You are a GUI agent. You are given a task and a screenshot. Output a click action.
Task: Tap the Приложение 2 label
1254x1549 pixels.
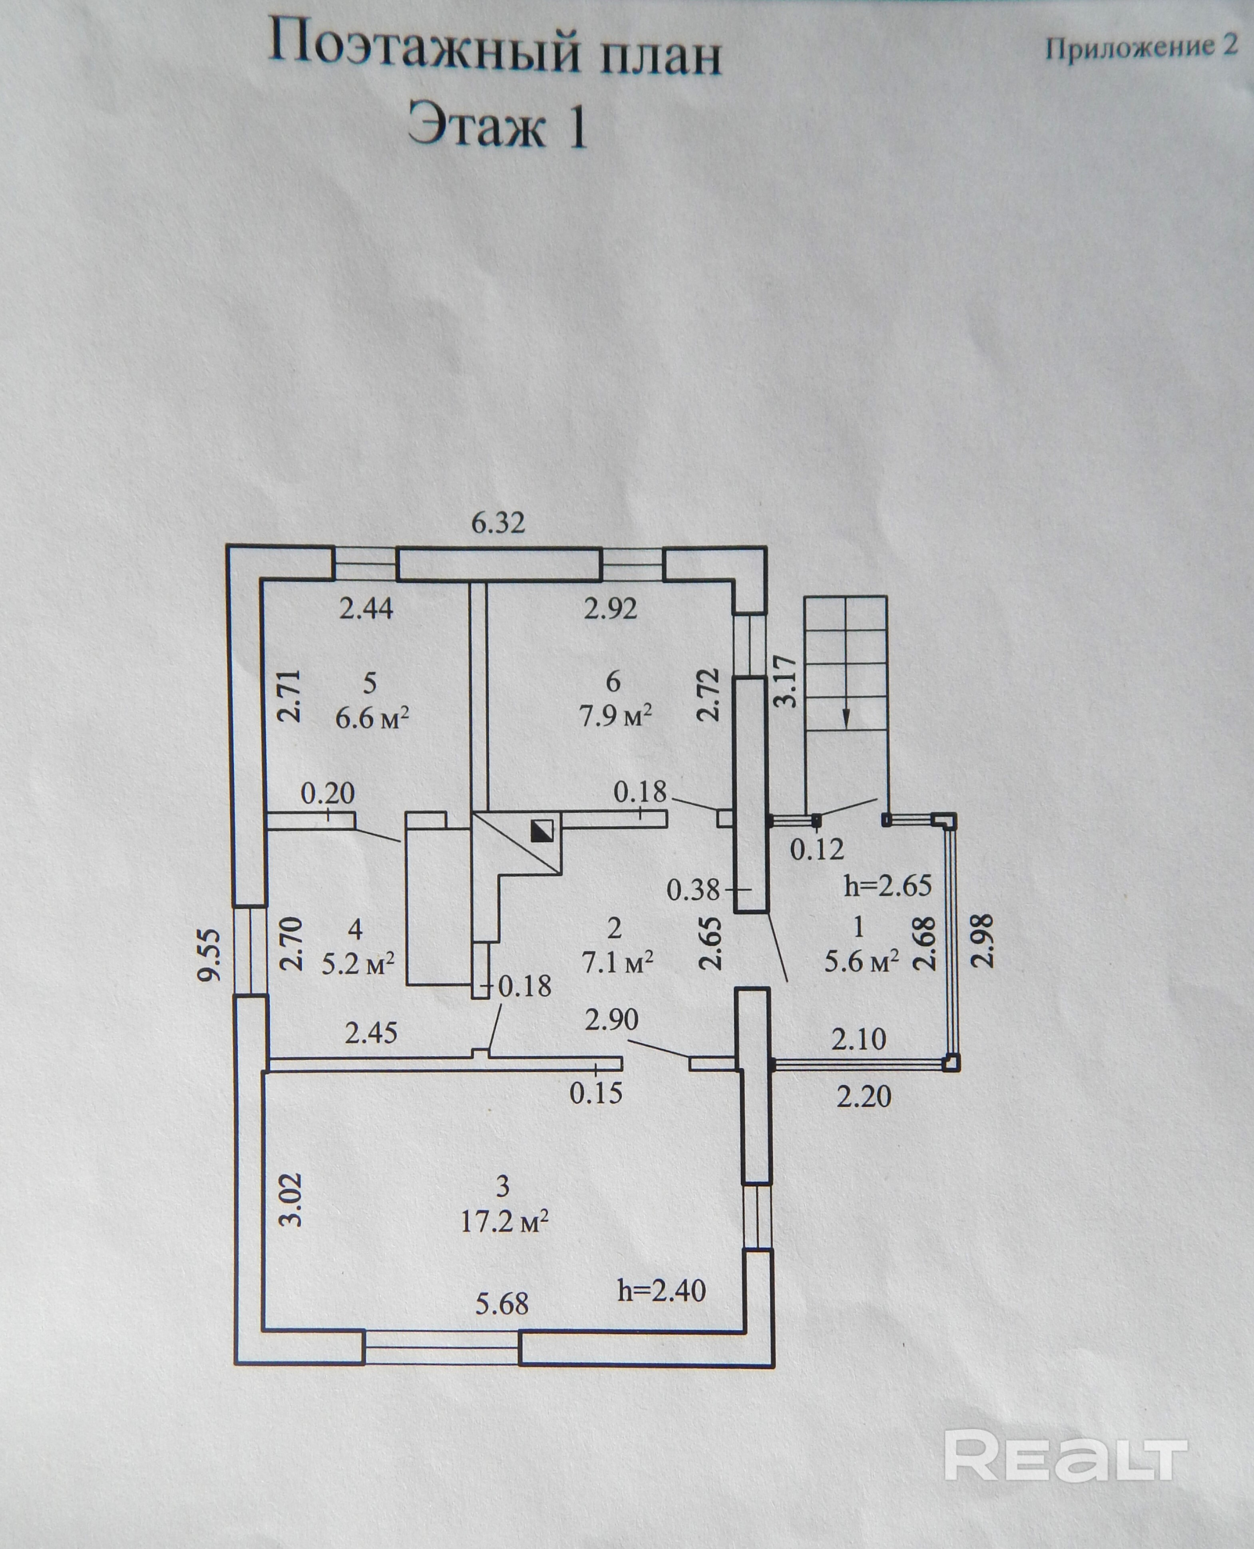[x=1141, y=48]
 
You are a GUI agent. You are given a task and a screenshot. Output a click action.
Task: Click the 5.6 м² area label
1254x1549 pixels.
[x=862, y=961]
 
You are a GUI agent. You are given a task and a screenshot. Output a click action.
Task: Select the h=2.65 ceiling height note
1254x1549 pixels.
[x=888, y=885]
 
